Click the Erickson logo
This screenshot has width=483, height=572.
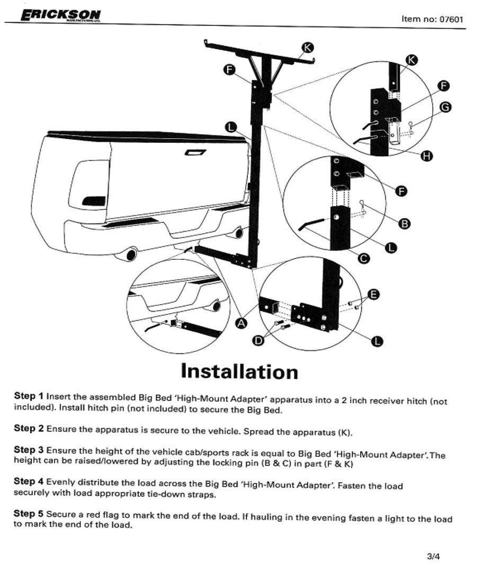point(60,16)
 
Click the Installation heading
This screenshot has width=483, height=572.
point(239,372)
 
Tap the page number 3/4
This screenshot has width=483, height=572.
point(433,556)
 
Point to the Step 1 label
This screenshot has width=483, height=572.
point(29,396)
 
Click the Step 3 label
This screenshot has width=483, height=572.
point(29,450)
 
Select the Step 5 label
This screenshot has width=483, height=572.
point(29,514)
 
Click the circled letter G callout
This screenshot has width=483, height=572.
point(445,107)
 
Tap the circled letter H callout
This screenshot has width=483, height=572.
point(426,156)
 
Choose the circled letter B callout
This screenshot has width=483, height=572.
point(404,223)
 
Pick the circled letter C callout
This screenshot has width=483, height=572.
point(364,259)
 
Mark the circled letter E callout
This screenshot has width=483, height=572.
point(373,294)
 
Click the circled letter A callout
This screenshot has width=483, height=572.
point(240,322)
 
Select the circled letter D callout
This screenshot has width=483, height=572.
point(258,341)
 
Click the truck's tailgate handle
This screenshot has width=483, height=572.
point(195,152)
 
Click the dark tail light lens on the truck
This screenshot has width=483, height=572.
point(94,201)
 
